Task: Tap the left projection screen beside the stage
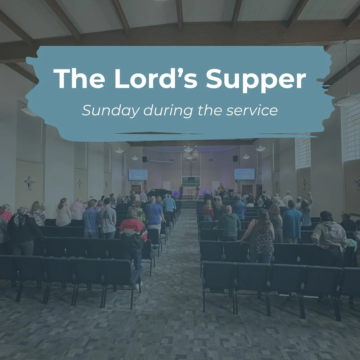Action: click(138, 174)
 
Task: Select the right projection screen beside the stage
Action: click(244, 174)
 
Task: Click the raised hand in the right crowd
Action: click(311, 194)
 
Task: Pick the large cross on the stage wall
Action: click(191, 168)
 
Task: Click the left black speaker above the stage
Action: click(145, 159)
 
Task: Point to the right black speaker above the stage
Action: click(235, 158)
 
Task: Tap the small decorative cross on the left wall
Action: click(29, 182)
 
